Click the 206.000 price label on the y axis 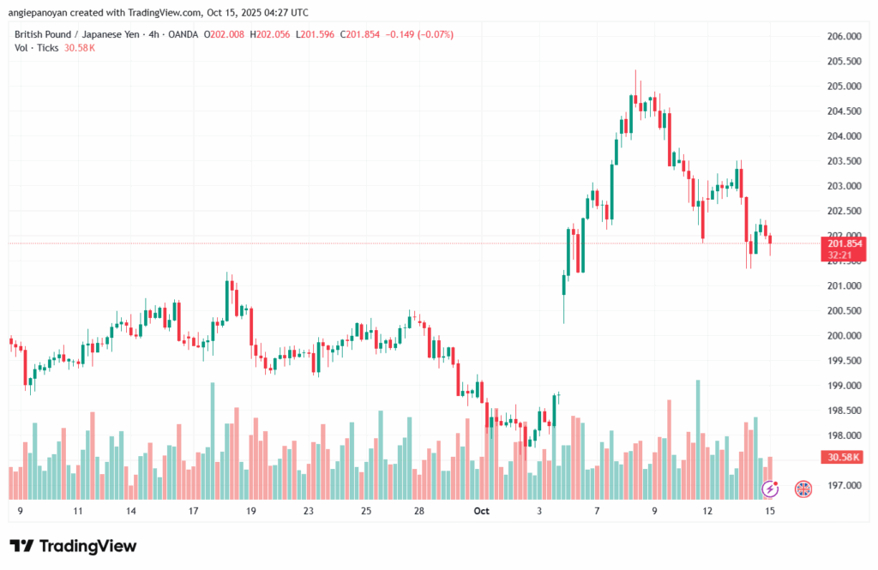pyautogui.click(x=843, y=36)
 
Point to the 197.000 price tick pyautogui.click(x=843, y=485)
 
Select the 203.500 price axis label pyautogui.click(x=843, y=161)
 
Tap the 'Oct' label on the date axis pyautogui.click(x=481, y=511)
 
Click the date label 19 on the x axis pyautogui.click(x=251, y=511)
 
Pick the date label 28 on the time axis pyautogui.click(x=418, y=511)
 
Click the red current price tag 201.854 pyautogui.click(x=843, y=243)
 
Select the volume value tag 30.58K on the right pyautogui.click(x=843, y=458)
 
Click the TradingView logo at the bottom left pyautogui.click(x=73, y=546)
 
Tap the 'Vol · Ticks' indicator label pyautogui.click(x=37, y=48)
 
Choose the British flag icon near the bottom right pyautogui.click(x=803, y=489)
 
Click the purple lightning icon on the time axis pyautogui.click(x=770, y=489)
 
